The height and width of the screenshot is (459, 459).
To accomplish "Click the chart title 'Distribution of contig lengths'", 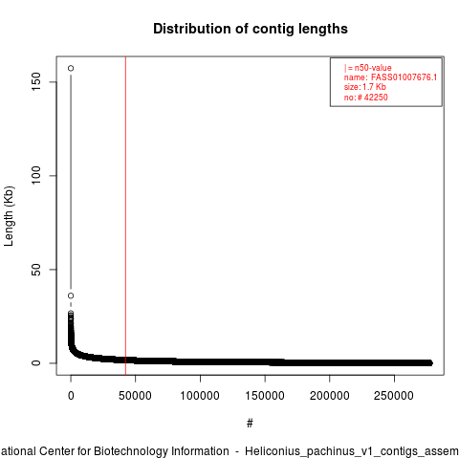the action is pyautogui.click(x=251, y=29).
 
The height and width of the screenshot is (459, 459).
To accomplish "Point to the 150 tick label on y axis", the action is pyautogui.click(x=36, y=81).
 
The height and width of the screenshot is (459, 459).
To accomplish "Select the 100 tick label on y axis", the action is pyautogui.click(x=36, y=175).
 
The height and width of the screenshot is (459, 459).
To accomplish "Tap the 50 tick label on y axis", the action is pyautogui.click(x=36, y=270).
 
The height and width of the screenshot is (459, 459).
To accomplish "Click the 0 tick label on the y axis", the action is pyautogui.click(x=36, y=362).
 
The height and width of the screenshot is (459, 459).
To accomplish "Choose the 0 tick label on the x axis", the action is pyautogui.click(x=71, y=396).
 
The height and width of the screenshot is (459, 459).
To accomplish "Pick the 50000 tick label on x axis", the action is pyautogui.click(x=135, y=396).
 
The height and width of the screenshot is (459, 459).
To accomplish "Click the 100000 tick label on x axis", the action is pyautogui.click(x=200, y=396).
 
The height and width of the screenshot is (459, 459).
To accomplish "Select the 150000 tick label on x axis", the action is pyautogui.click(x=265, y=396).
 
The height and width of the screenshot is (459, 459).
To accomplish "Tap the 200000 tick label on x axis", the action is pyautogui.click(x=329, y=396).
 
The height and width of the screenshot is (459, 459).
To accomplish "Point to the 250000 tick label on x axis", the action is pyautogui.click(x=394, y=396).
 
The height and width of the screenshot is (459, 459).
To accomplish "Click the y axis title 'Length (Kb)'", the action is pyautogui.click(x=9, y=216).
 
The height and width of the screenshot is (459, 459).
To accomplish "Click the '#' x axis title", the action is pyautogui.click(x=250, y=424).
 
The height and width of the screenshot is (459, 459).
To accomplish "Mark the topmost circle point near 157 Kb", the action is pyautogui.click(x=71, y=68).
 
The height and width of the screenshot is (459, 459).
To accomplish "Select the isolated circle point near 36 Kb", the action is pyautogui.click(x=71, y=295).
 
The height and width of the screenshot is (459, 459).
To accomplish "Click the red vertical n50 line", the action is pyautogui.click(x=125, y=216).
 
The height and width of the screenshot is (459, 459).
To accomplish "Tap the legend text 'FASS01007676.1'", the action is pyautogui.click(x=404, y=77).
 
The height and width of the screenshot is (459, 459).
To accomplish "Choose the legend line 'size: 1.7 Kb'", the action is pyautogui.click(x=365, y=87).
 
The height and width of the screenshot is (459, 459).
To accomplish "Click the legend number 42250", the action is pyautogui.click(x=376, y=98).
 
